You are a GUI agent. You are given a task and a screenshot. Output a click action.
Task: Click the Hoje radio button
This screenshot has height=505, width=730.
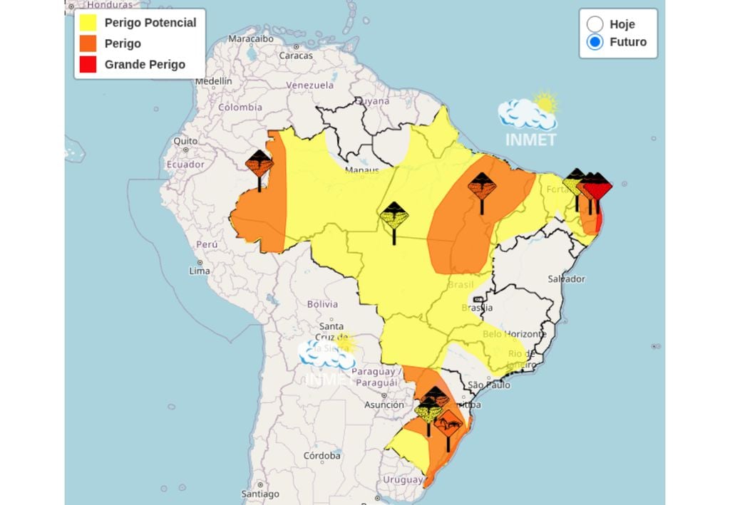pyautogui.click(x=595, y=24)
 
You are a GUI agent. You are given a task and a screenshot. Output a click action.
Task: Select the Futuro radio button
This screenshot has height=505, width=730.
pyautogui.click(x=595, y=42)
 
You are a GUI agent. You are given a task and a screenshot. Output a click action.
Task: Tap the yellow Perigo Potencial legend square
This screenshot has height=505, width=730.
pyautogui.click(x=88, y=23)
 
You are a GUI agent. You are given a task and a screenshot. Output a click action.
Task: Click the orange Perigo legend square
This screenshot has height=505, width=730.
pyautogui.click(x=88, y=43)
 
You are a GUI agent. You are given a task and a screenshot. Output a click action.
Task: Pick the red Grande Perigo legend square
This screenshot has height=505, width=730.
pyautogui.click(x=88, y=64)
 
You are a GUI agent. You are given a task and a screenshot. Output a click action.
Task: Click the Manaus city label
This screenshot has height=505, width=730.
pyautogui.click(x=361, y=171)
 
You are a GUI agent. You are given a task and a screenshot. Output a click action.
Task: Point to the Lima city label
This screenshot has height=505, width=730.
pyautogui.click(x=200, y=271)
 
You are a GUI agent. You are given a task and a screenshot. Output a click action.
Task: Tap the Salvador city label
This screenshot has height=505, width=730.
pyautogui.click(x=566, y=278)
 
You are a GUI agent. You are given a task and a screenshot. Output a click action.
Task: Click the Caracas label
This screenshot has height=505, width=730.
pyautogui.click(x=296, y=55)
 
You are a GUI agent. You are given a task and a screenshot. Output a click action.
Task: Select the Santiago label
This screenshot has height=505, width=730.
pyautogui.click(x=259, y=493)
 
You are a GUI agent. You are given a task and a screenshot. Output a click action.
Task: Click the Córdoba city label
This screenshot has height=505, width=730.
pyautogui.click(x=322, y=455)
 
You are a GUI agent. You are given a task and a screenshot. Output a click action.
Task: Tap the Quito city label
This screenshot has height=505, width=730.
pyautogui.click(x=185, y=141)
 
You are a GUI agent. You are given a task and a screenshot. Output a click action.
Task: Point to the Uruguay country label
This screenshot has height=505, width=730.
pyautogui.click(x=403, y=479)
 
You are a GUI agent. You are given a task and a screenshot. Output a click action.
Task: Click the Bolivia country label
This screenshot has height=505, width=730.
pyautogui.click(x=322, y=304)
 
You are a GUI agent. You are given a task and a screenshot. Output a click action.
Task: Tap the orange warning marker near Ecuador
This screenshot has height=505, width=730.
pyautogui.click(x=259, y=165)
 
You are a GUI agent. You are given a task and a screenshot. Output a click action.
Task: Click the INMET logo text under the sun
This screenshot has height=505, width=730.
pyautogui.click(x=530, y=140)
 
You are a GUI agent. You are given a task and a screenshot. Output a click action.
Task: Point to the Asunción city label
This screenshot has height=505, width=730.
pyautogui.click(x=384, y=405)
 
